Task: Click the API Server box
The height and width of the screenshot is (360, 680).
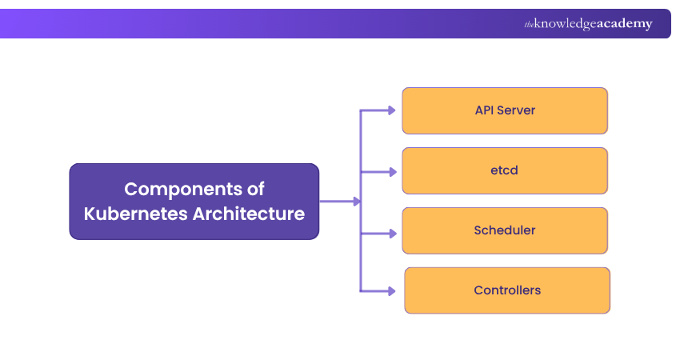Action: pyautogui.click(x=505, y=110)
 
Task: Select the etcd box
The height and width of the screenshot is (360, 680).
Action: pyautogui.click(x=505, y=170)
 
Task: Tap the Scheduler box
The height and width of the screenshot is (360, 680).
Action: pyautogui.click(x=505, y=230)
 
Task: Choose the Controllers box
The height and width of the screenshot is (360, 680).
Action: pyautogui.click(x=507, y=290)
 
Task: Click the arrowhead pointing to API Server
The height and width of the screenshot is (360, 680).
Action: pyautogui.click(x=392, y=110)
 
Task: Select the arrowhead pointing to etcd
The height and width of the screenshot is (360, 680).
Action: pyautogui.click(x=392, y=171)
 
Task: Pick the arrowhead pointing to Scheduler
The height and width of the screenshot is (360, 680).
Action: pyautogui.click(x=392, y=234)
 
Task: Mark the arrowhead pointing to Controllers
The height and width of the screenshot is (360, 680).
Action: pyautogui.click(x=392, y=290)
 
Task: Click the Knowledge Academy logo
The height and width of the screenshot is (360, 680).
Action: pyautogui.click(x=588, y=24)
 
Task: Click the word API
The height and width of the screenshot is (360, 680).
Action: pyautogui.click(x=485, y=110)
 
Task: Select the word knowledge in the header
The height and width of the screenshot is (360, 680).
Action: pyautogui.click(x=566, y=24)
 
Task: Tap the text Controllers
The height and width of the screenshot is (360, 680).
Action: pyautogui.click(x=507, y=290)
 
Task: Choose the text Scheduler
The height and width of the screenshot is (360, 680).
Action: pyautogui.click(x=505, y=230)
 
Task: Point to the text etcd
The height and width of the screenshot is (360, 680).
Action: pyautogui.click(x=505, y=170)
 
